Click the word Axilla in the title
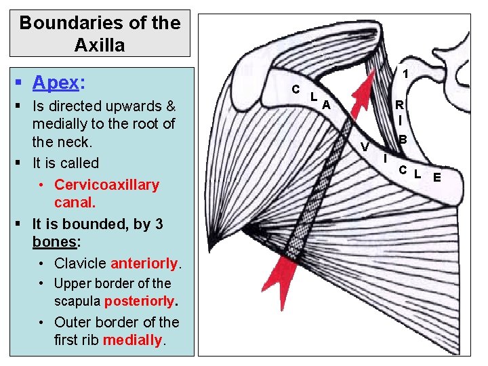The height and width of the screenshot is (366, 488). [100, 45]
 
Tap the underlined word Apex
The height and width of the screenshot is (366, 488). [56, 83]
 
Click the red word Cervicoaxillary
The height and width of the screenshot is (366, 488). [106, 185]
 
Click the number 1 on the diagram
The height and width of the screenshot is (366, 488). [405, 74]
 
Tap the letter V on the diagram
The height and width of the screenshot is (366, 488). [365, 147]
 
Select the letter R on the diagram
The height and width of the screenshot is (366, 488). [400, 105]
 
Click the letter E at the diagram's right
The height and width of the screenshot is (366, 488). [437, 178]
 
